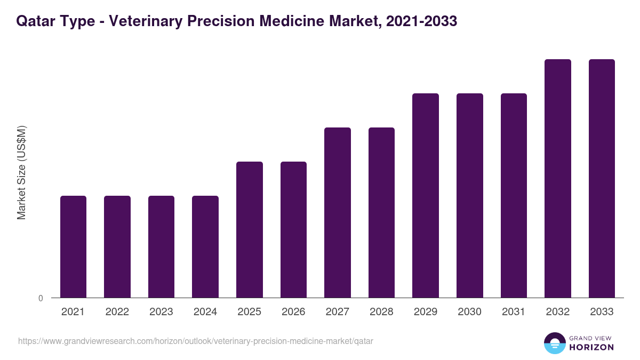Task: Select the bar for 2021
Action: click(x=73, y=246)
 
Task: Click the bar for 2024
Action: click(x=205, y=246)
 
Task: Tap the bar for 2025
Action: click(x=250, y=229)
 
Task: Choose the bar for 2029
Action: click(x=426, y=195)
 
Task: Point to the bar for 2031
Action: click(x=514, y=195)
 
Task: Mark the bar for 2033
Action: click(x=602, y=178)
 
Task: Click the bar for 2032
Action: click(x=558, y=178)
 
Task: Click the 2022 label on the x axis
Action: click(x=117, y=312)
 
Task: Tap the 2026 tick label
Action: click(x=293, y=312)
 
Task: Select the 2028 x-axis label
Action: click(x=381, y=312)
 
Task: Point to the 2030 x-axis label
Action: click(x=469, y=312)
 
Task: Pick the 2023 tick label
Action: click(x=161, y=312)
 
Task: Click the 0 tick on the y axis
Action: click(x=41, y=298)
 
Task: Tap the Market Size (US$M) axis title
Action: click(x=21, y=172)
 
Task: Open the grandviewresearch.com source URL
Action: click(x=195, y=341)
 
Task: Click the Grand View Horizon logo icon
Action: click(x=554, y=343)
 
